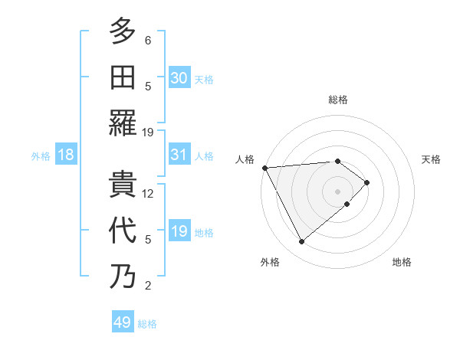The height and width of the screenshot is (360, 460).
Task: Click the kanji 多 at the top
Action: [123, 31]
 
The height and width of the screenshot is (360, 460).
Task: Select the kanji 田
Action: [123, 77]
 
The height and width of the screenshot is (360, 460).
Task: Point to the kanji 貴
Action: [123, 185]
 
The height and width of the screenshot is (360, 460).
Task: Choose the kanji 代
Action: [123, 231]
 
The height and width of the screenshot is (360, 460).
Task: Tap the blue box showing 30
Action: [179, 77]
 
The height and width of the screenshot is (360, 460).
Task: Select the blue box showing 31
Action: [179, 155]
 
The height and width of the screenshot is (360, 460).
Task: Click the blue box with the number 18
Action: [66, 155]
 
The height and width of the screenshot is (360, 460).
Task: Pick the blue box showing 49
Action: [123, 322]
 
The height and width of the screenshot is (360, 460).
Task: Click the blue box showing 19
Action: [179, 231]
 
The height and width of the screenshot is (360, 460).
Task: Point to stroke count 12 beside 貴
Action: [149, 194]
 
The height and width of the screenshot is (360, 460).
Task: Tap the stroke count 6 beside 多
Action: [148, 41]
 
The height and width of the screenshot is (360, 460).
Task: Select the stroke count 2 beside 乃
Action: [148, 286]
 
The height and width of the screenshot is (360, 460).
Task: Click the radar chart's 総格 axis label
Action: [337, 100]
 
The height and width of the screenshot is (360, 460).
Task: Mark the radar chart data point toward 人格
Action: [264, 167]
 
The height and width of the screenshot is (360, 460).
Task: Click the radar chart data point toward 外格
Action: [301, 242]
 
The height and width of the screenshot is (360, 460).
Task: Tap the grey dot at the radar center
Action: [337, 190]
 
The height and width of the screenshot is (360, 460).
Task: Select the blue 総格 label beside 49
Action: [147, 324]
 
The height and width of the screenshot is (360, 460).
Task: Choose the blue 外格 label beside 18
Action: [41, 156]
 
